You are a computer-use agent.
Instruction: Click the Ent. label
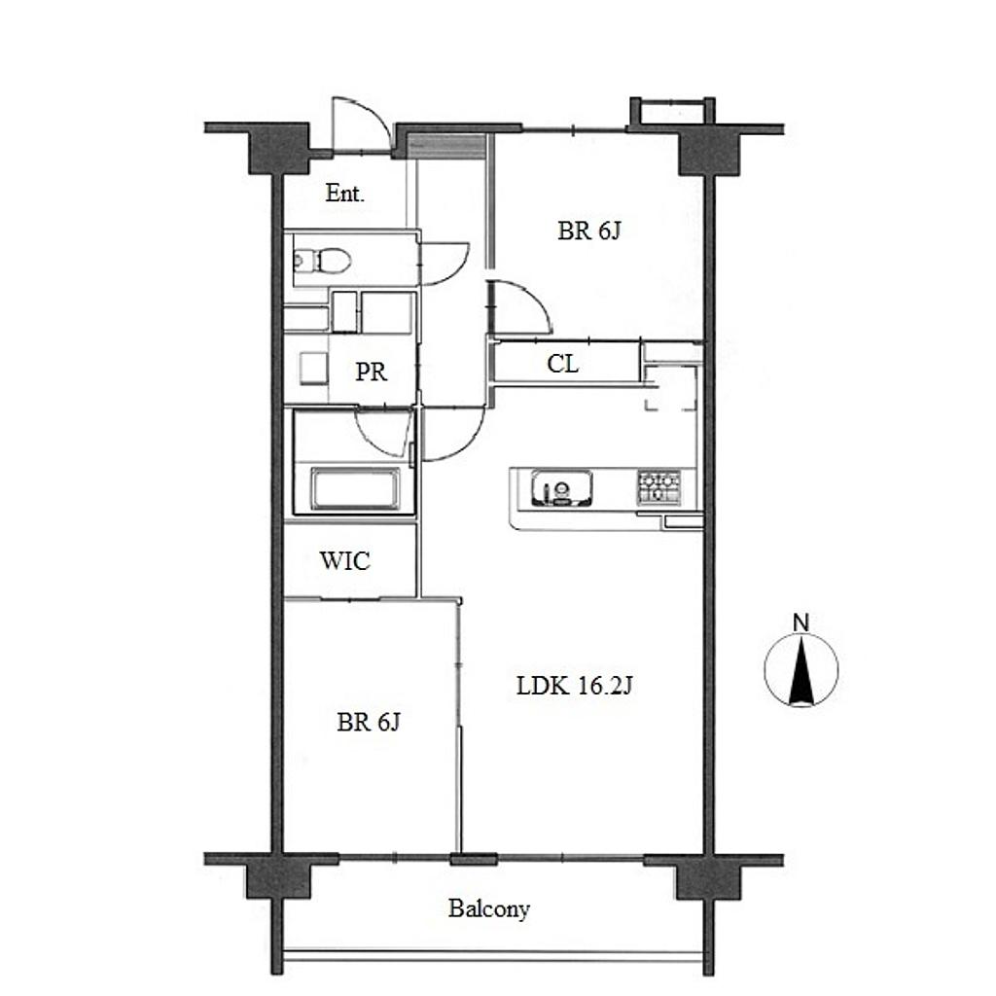pyautogui.click(x=345, y=194)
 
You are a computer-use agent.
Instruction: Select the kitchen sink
pyautogui.click(x=561, y=488)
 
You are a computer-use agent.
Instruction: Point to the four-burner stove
pyautogui.click(x=658, y=487)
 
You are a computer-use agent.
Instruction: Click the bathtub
pyautogui.click(x=355, y=489)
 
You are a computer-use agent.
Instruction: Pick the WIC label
pyautogui.click(x=345, y=561)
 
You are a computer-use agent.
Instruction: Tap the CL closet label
pyautogui.click(x=563, y=364)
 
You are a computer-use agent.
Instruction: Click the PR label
pyautogui.click(x=371, y=372)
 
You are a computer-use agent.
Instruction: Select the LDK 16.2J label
pyautogui.click(x=574, y=686)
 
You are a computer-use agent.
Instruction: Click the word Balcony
pyautogui.click(x=489, y=909)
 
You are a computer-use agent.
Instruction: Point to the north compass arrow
pyautogui.click(x=801, y=671)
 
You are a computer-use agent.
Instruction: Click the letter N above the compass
pyautogui.click(x=801, y=623)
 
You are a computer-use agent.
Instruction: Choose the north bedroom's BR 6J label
pyautogui.click(x=588, y=231)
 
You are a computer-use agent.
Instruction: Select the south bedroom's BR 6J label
pyautogui.click(x=369, y=723)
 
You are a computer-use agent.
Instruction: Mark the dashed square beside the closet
pyautogui.click(x=671, y=387)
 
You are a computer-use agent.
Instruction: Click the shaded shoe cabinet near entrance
pyautogui.click(x=445, y=148)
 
